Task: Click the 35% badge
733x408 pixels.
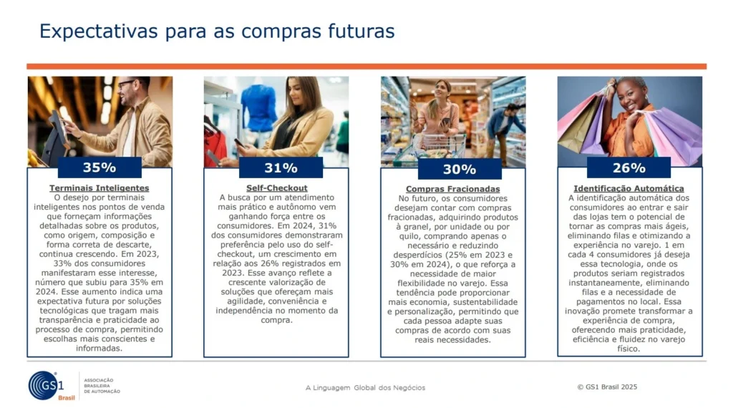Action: point(99,167)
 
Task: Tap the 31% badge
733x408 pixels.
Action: point(281,167)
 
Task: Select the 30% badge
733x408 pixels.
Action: point(460,169)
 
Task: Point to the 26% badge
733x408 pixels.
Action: point(628,167)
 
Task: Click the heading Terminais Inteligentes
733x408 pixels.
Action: point(99,188)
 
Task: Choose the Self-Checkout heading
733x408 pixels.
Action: point(277,188)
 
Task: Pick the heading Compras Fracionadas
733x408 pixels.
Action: point(452,189)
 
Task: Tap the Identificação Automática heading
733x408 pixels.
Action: point(628,188)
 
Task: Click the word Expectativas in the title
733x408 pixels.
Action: point(99,31)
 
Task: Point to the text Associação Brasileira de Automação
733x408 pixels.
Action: point(102,386)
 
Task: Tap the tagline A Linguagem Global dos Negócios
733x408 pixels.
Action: point(366,387)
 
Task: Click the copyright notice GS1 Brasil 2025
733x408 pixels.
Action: point(607,387)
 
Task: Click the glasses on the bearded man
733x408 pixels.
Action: point(126,84)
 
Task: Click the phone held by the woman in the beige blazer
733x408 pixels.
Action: point(239,143)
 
